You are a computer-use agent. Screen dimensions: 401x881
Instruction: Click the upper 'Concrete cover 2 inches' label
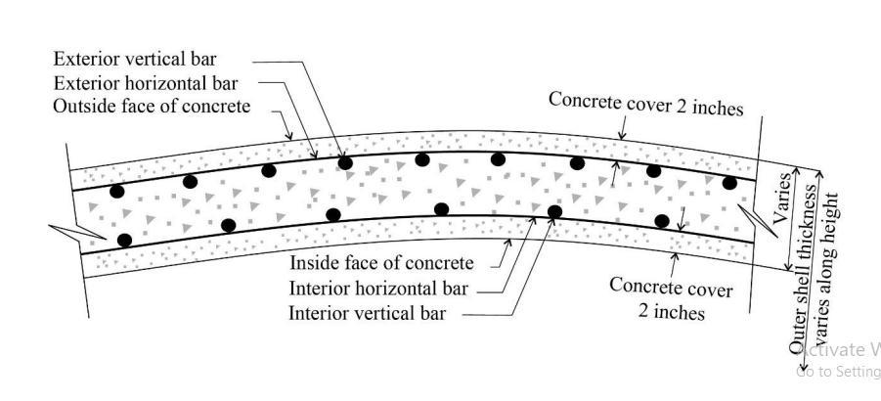point(645,103)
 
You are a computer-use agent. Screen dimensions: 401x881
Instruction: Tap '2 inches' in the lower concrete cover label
point(672,313)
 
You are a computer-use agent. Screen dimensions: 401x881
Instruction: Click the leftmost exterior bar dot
point(118,192)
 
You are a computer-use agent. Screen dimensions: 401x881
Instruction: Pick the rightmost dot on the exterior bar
point(729,182)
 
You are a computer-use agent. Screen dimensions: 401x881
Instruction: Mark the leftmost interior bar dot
point(124,240)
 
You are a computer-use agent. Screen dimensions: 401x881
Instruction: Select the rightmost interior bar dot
point(662,220)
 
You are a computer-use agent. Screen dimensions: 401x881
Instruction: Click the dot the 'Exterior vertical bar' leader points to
point(344,161)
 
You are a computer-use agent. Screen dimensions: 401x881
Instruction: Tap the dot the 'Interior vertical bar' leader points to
point(554,210)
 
